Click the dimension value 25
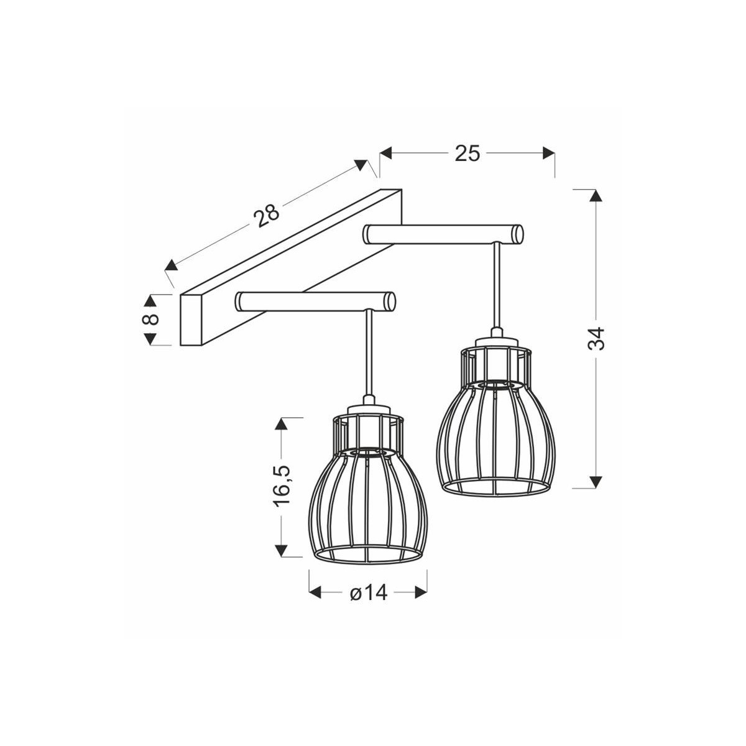467,153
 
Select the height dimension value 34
596,338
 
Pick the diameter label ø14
368,593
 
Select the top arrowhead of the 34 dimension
596,195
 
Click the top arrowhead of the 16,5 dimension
282,423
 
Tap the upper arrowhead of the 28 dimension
361,165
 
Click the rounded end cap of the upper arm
517,234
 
